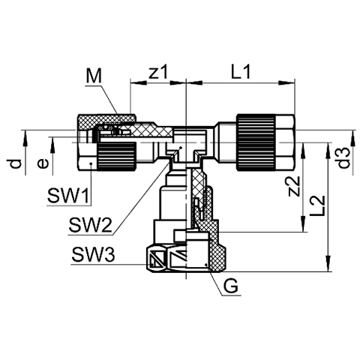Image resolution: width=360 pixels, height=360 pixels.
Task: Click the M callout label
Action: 94,76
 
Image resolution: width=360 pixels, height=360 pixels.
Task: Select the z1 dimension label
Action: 157,73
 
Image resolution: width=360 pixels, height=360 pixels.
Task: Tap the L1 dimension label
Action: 240,72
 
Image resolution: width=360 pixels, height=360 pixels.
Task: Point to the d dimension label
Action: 16,164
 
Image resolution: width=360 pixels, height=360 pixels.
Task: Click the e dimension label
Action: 42,164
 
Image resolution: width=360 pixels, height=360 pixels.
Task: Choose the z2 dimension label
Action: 293,186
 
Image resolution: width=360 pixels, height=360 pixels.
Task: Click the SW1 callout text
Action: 68,196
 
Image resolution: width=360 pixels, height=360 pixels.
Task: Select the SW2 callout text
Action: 90,224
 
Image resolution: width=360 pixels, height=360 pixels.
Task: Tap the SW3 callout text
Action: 93,255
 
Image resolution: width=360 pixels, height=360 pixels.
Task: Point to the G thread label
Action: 230,286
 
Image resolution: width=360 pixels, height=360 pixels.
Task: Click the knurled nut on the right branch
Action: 256,142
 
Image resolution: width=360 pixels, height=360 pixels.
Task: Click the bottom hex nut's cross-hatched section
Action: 217,250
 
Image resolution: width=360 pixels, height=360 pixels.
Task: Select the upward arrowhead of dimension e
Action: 52,145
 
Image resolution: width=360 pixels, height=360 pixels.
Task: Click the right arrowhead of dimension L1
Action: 286,83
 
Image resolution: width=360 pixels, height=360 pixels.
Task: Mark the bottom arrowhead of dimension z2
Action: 303,223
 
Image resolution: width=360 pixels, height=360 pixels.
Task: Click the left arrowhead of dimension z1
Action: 139,83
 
